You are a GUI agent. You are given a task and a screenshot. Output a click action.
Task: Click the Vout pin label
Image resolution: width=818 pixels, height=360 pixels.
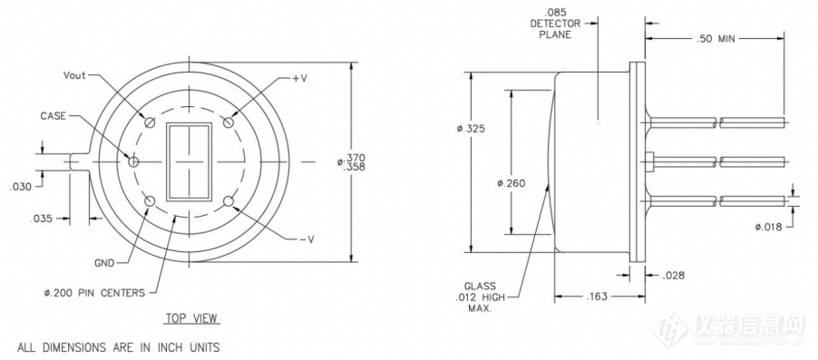75,75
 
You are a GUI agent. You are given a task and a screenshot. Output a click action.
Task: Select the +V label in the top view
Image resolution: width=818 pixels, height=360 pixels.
299,78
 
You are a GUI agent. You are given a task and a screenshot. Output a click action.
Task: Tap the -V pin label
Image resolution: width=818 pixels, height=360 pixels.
307,239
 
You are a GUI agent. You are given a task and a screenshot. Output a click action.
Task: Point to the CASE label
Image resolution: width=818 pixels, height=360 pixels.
54,116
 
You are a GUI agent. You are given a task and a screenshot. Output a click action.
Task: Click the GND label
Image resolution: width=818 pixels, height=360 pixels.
105,263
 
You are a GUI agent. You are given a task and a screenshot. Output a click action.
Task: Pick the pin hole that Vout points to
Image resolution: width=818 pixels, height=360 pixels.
151,122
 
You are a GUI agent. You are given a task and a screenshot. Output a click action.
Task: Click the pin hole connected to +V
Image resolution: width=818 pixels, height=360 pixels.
228,122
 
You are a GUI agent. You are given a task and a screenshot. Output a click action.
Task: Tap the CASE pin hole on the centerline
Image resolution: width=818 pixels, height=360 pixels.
133,161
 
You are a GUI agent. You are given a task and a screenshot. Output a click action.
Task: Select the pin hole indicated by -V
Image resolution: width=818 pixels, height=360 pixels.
228,201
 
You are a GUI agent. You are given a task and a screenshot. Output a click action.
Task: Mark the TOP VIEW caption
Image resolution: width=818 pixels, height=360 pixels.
191,317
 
